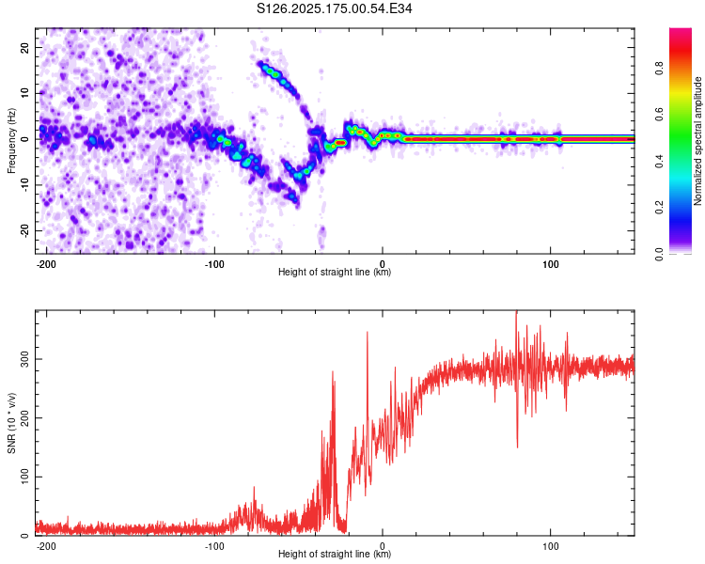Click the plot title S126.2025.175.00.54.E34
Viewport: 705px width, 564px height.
pyautogui.click(x=334, y=8)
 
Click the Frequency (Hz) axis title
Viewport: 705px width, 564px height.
pyautogui.click(x=11, y=141)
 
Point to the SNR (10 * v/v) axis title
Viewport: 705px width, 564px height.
pyautogui.click(x=11, y=423)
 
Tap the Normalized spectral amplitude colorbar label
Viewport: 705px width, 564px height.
pyautogui.click(x=697, y=141)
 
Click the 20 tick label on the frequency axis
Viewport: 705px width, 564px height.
pyautogui.click(x=24, y=47)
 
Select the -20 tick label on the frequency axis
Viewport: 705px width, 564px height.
pyautogui.click(x=24, y=230)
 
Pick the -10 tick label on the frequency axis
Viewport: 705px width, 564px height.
pyautogui.click(x=24, y=185)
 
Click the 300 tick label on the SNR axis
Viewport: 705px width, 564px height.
pyautogui.click(x=24, y=359)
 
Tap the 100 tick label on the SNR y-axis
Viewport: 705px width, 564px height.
pyautogui.click(x=24, y=477)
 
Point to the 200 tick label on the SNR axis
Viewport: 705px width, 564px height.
pyautogui.click(x=24, y=417)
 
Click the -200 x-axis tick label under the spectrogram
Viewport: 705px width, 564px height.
pyautogui.click(x=46, y=264)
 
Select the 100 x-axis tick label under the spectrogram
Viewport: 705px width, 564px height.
pyautogui.click(x=550, y=264)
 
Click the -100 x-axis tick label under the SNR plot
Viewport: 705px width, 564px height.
pyautogui.click(x=214, y=546)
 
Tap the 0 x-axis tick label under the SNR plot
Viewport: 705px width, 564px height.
pyautogui.click(x=383, y=546)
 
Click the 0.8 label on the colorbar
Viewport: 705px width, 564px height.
pyautogui.click(x=659, y=69)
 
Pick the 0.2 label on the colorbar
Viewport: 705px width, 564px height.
pyautogui.click(x=659, y=208)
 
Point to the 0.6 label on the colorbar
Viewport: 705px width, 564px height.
pyautogui.click(x=659, y=115)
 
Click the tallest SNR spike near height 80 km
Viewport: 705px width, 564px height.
pyautogui.click(x=516, y=312)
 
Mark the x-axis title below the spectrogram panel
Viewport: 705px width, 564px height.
pyautogui.click(x=335, y=272)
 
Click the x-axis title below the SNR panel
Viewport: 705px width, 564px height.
pyautogui.click(x=335, y=554)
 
